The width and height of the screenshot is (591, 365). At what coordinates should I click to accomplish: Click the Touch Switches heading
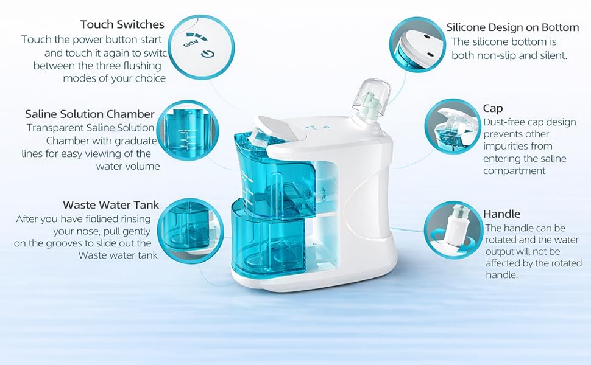click(122, 24)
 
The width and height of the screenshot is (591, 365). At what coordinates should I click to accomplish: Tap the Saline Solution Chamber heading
click(90, 114)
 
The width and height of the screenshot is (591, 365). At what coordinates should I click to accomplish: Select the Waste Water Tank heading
click(111, 205)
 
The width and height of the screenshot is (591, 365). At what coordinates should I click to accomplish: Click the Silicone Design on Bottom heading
click(512, 27)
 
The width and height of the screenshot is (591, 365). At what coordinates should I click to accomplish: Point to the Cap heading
click(493, 109)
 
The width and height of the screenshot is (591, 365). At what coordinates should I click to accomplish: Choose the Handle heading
click(501, 214)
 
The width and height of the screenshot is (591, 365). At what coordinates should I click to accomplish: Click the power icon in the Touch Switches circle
click(208, 54)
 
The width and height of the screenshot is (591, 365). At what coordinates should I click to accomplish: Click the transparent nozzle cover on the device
click(371, 97)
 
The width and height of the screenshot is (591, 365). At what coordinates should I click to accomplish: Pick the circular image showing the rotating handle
click(453, 229)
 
